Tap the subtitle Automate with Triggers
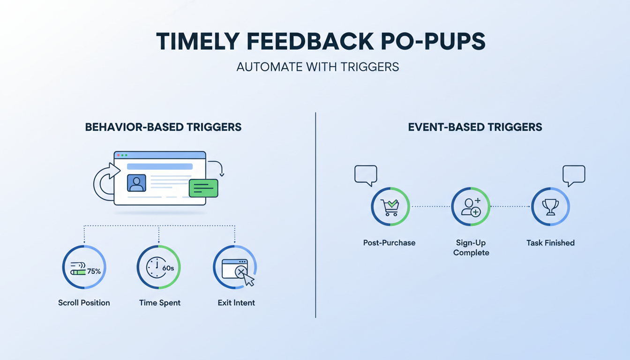point(317,67)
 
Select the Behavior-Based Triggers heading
point(163,127)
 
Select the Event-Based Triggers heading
point(475,127)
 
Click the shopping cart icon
point(390,207)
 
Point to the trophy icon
point(550,207)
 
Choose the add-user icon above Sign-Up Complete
point(471,207)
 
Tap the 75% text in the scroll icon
point(94,271)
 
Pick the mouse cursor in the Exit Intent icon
point(249,280)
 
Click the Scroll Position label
point(84,303)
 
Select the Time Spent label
point(160,303)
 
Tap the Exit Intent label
point(236,303)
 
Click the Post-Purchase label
point(389,243)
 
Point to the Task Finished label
point(550,243)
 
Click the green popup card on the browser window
point(203,188)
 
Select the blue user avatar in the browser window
point(136,183)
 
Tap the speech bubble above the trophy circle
point(574,175)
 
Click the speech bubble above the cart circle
point(366,175)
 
